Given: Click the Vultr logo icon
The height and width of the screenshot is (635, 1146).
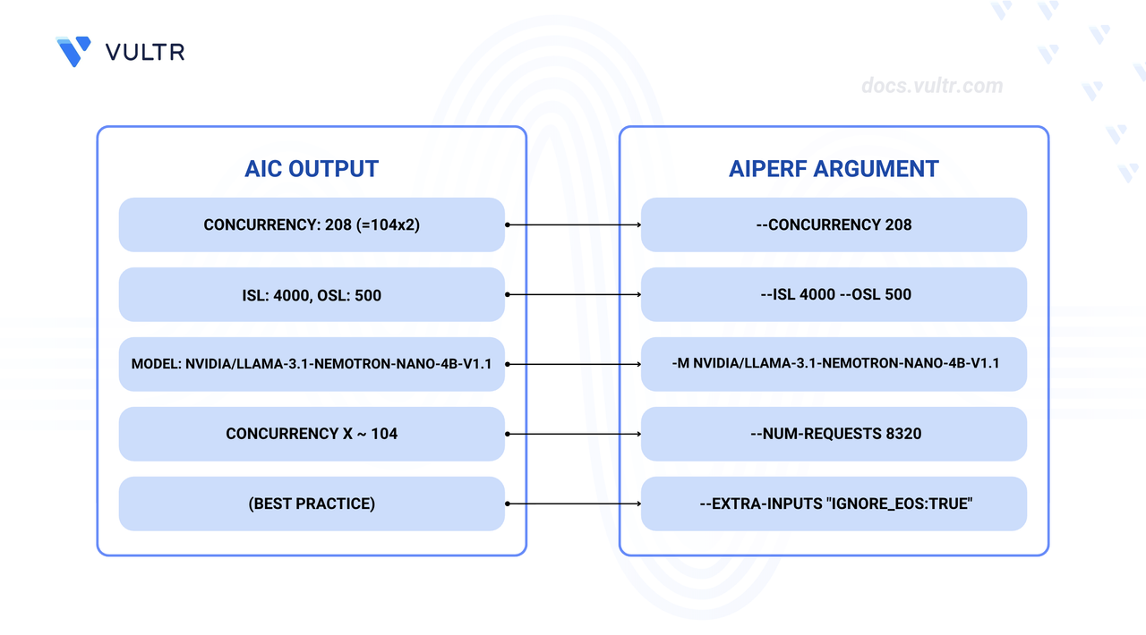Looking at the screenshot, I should [x=73, y=51].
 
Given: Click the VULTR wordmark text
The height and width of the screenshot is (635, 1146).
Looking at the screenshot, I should [x=145, y=52].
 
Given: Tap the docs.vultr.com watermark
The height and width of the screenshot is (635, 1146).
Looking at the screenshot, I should [x=932, y=86].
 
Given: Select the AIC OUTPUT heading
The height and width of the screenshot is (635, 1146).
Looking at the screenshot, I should [x=312, y=169].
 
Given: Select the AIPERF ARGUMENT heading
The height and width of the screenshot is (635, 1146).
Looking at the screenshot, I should [x=834, y=169].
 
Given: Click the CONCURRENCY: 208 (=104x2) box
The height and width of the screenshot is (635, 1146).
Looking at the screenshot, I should [x=312, y=224].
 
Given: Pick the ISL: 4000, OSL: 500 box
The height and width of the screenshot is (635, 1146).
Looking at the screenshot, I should [x=312, y=294].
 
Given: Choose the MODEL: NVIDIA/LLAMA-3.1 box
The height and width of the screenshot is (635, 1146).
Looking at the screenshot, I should [x=312, y=364].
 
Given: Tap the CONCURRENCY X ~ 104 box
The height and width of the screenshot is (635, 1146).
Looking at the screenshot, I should [x=312, y=434].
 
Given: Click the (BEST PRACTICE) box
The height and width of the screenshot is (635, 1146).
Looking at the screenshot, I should [x=312, y=504].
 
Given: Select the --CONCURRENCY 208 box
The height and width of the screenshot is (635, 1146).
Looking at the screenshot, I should [x=834, y=224].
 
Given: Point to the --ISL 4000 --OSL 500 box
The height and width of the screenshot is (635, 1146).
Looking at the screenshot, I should [x=834, y=294].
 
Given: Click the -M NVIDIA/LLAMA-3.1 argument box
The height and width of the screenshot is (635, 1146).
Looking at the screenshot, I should [x=834, y=364].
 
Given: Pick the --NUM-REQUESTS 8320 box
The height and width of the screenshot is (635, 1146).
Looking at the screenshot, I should [x=834, y=434].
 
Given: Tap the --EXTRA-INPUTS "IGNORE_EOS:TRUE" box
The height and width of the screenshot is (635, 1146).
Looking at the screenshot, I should [x=834, y=504].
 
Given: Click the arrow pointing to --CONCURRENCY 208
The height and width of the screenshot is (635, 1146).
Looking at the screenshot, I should [x=574, y=224].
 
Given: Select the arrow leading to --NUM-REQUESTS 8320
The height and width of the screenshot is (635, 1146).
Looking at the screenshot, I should [x=574, y=434].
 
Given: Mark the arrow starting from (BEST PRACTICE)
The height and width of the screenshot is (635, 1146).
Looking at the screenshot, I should [x=574, y=504].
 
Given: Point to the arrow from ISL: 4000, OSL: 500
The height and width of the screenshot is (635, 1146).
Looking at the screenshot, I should [x=574, y=294].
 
